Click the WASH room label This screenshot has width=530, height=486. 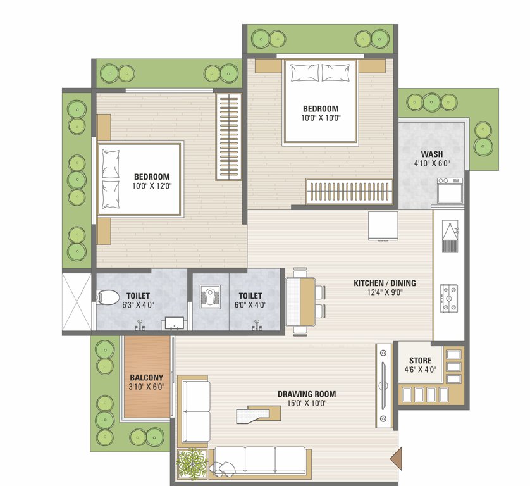[x=431, y=154]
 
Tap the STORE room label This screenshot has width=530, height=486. [x=420, y=361]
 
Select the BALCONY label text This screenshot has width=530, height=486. [x=147, y=378]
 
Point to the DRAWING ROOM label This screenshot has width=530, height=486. [x=306, y=394]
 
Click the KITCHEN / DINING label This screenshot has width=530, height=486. [x=384, y=283]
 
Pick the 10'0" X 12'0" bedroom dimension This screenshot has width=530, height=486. [x=152, y=186]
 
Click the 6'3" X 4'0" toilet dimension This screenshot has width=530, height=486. [x=137, y=304]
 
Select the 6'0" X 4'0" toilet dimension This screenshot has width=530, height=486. [x=250, y=304]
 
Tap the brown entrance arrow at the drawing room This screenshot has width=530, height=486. [x=395, y=456]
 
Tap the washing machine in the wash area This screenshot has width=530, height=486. [x=450, y=190]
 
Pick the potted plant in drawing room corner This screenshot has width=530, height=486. [x=192, y=464]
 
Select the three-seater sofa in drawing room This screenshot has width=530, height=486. [x=260, y=460]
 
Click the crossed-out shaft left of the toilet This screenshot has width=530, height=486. [x=77, y=302]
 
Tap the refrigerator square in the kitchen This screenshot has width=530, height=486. [x=383, y=226]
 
